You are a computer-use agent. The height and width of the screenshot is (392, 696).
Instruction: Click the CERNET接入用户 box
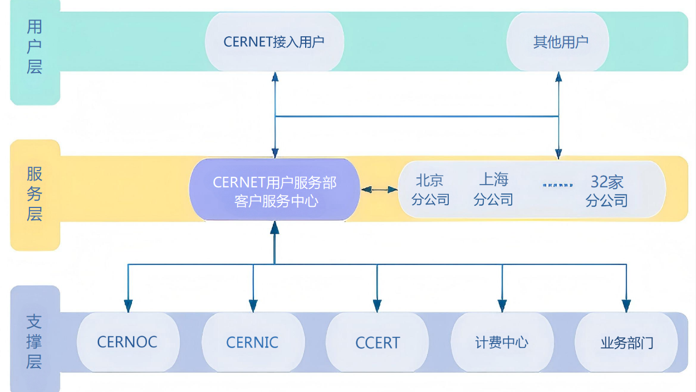tap(275, 42)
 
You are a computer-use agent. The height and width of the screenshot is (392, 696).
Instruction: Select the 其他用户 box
tap(558, 42)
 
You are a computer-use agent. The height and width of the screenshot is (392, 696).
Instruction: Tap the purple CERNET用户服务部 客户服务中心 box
tap(275, 190)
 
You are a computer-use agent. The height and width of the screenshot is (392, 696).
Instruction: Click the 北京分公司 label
tap(430, 190)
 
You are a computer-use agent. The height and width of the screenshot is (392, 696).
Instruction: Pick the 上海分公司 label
tap(493, 190)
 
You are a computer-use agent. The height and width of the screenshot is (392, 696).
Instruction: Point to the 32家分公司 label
tap(607, 190)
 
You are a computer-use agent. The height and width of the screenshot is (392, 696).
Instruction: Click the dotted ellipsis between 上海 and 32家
tap(557, 184)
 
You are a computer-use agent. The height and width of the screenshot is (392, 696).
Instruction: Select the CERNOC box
tap(128, 342)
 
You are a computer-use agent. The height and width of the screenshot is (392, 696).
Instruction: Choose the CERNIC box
tap(252, 342)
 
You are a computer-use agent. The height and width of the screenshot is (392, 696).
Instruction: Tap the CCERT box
tap(378, 342)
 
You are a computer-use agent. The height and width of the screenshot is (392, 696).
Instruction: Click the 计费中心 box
tap(502, 342)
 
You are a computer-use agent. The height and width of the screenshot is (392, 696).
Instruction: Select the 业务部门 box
tap(626, 342)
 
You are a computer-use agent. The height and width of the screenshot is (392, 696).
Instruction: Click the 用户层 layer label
tap(35, 47)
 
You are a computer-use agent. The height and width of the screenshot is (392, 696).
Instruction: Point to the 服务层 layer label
tap(35, 194)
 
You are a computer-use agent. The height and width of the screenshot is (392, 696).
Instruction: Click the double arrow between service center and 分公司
tap(379, 190)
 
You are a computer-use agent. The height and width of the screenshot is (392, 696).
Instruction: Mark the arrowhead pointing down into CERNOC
tap(128, 306)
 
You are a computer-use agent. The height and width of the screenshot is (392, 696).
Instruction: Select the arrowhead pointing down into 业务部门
tap(626, 306)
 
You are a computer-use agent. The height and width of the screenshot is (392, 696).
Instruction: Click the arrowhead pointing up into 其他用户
tap(558, 77)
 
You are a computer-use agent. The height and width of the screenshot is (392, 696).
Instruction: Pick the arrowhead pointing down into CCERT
tap(377, 306)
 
